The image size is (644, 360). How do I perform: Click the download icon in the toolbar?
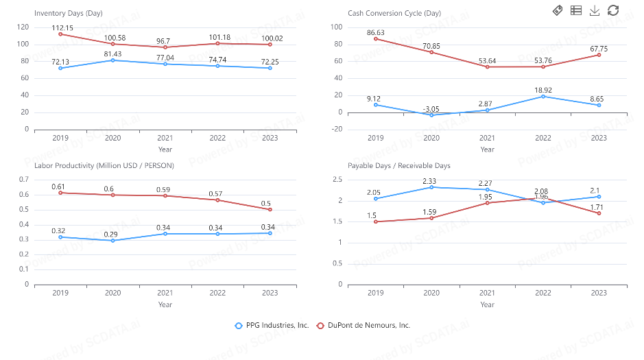pos(595,10)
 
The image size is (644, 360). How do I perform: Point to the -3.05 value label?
pos(431,109)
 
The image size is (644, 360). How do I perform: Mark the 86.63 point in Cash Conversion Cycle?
pos(376,38)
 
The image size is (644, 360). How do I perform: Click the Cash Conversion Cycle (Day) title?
pos(384,13)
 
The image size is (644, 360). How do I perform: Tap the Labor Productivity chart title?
pos(104,165)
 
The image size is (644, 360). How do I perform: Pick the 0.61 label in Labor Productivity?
pos(59,187)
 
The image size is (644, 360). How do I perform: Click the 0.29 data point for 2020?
pos(112,241)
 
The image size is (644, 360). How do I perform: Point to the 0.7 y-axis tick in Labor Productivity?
pos(24,180)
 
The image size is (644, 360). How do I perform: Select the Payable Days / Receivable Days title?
pos(398,165)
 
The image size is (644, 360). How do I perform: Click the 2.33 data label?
pos(431,180)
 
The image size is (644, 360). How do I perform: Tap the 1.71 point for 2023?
pos(599,213)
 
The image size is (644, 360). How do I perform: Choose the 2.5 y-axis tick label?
pos(337,180)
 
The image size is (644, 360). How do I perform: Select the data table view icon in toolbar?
pos(576,10)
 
